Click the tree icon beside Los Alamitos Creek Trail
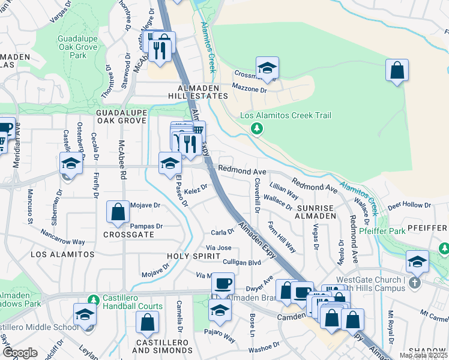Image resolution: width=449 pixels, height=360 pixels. point(257,128)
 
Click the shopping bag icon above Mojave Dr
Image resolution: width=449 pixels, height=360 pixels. point(118,211)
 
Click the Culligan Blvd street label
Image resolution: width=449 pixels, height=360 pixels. point(242,262)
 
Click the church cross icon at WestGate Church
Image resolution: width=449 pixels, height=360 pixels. point(414,282)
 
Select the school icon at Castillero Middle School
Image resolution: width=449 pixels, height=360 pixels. point(85,314)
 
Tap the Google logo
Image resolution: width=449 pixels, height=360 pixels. point(20,353)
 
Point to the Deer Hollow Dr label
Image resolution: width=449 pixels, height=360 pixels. point(409,206)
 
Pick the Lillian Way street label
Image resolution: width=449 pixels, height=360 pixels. point(285,191)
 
